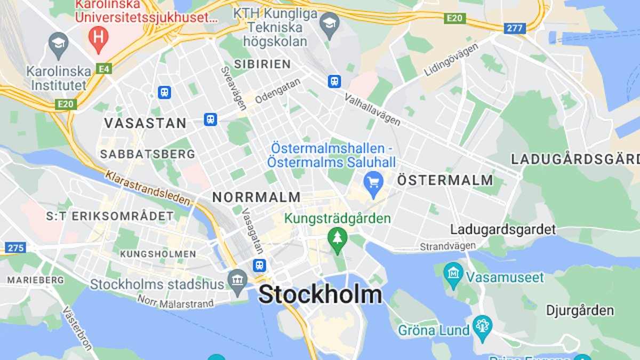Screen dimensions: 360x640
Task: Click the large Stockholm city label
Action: (320, 295)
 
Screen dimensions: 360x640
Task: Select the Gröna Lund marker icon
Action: (483, 326)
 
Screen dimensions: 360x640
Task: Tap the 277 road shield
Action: (515, 28)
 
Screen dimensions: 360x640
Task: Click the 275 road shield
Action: (15, 247)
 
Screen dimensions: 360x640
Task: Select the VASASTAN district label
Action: (145, 123)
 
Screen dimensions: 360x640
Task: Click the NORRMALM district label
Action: (257, 197)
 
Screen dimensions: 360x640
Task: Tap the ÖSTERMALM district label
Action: (445, 180)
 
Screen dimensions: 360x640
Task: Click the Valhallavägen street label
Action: (372, 110)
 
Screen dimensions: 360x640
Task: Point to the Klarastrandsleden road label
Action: (148, 188)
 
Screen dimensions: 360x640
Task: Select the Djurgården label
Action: (580, 310)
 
